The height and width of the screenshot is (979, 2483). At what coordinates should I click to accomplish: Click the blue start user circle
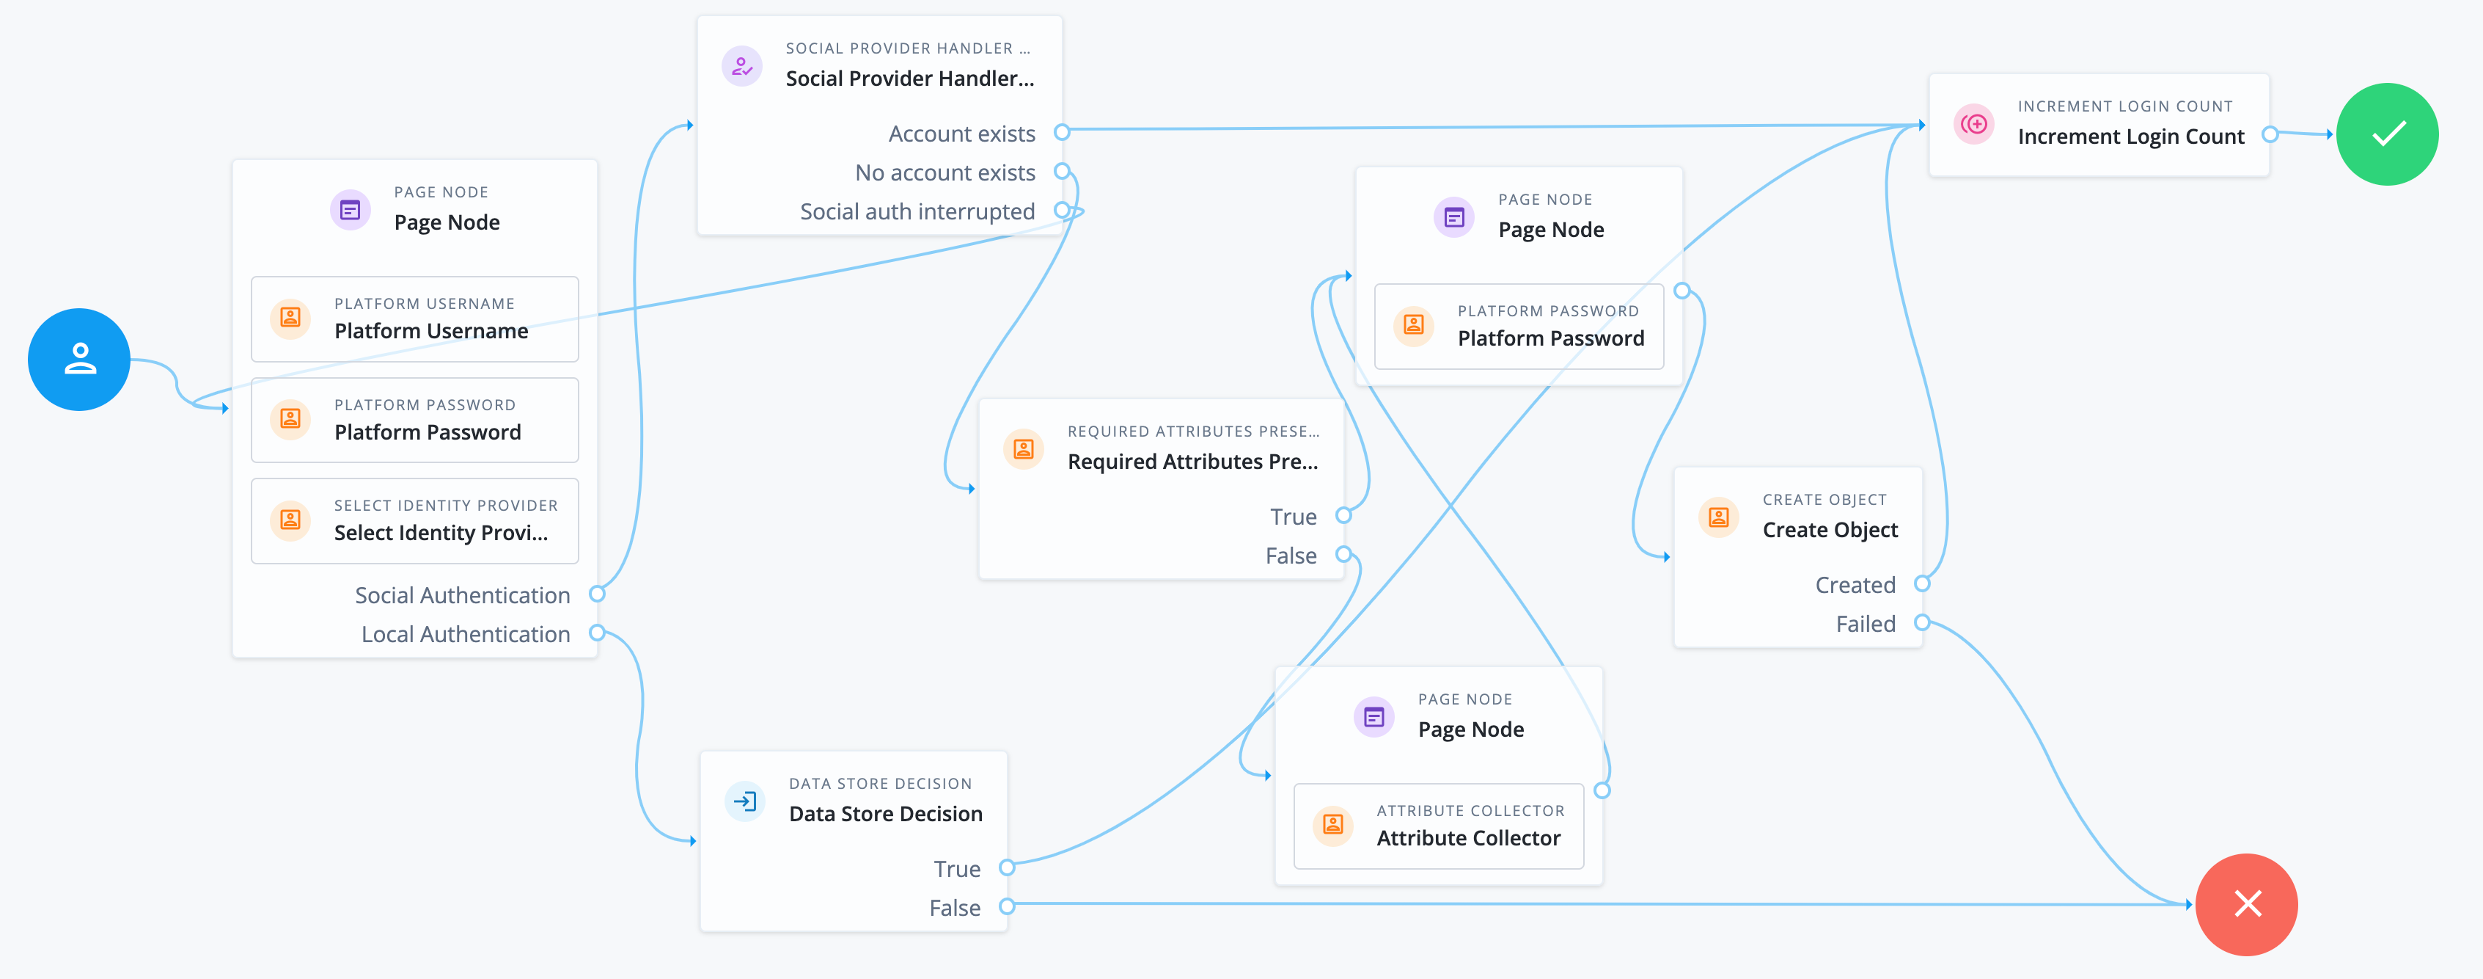click(x=79, y=360)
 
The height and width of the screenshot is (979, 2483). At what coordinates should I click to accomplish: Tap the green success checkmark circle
click(x=2388, y=134)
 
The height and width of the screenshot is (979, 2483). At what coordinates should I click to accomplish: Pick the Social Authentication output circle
click(x=597, y=594)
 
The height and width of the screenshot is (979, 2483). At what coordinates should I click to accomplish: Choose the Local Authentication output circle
click(x=597, y=633)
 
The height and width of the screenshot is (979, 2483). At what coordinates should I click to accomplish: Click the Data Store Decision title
click(x=885, y=813)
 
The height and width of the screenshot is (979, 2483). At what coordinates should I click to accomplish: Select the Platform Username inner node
click(x=414, y=319)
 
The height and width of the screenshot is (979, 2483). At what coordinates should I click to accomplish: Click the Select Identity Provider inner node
click(x=414, y=521)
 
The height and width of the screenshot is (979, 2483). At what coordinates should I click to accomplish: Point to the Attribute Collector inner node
click(x=1437, y=826)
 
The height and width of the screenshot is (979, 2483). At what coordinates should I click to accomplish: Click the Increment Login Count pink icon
click(x=1974, y=125)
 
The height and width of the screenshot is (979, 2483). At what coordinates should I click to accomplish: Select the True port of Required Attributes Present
click(x=1343, y=515)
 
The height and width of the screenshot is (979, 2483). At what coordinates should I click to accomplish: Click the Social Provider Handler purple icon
click(x=741, y=67)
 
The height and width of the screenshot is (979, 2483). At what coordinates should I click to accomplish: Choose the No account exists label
click(x=944, y=172)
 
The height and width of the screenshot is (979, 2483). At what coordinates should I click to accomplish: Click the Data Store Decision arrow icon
click(x=745, y=801)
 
